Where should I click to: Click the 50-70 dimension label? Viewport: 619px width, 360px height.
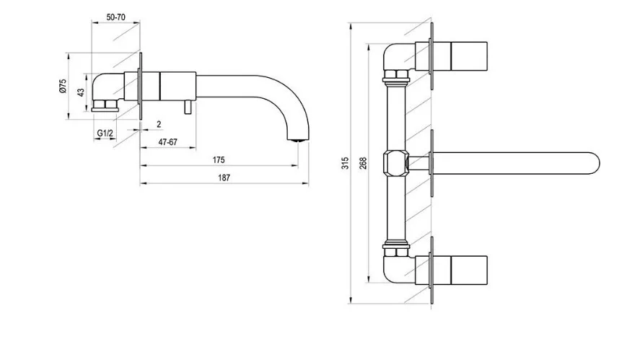pyautogui.click(x=115, y=17)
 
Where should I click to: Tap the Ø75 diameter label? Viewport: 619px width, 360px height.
pyautogui.click(x=63, y=86)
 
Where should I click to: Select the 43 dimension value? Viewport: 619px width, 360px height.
pyautogui.click(x=81, y=92)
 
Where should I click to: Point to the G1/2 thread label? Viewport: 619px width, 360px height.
pyautogui.click(x=105, y=133)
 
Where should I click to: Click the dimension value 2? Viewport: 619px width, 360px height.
pyautogui.click(x=159, y=124)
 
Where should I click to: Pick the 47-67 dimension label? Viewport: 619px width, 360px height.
pyautogui.click(x=168, y=142)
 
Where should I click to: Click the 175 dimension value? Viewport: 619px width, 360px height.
pyautogui.click(x=219, y=160)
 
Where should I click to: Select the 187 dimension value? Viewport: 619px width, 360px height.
pyautogui.click(x=224, y=177)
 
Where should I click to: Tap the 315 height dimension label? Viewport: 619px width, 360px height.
pyautogui.click(x=346, y=163)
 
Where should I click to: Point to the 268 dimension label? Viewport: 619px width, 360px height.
pyautogui.click(x=363, y=163)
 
